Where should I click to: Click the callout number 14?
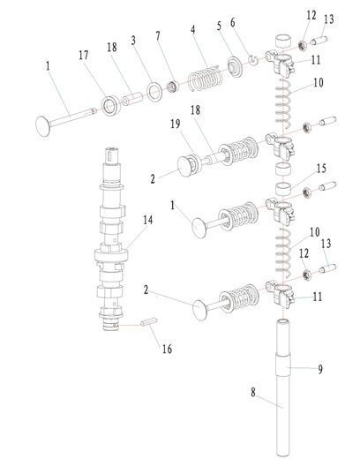point(147,221)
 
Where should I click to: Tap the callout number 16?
point(167,349)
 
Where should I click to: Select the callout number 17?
point(84,55)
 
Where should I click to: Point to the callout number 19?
point(176,124)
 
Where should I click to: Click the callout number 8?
point(253,392)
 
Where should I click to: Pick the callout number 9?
point(320,369)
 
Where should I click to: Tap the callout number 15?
point(321,169)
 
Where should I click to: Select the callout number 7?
point(158,36)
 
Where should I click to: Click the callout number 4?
point(193,29)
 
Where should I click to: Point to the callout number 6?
point(233,22)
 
